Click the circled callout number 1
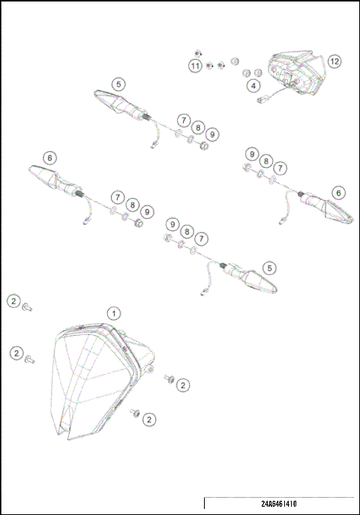112,312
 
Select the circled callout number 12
334,61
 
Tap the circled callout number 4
254,86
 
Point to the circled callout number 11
195,67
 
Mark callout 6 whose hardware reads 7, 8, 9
49,158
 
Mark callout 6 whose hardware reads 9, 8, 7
339,193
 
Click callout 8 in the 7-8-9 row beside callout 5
198,127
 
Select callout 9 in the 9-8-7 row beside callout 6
252,154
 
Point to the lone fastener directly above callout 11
196,52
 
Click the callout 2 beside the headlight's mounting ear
182,385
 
